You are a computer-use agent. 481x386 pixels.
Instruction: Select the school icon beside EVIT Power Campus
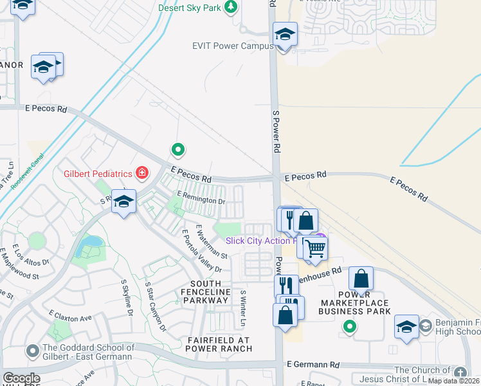click(285, 35)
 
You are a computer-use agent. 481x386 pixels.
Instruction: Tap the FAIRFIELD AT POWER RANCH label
click(218, 344)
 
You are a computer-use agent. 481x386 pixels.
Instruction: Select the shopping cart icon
click(315, 248)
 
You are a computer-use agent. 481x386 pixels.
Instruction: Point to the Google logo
click(21, 378)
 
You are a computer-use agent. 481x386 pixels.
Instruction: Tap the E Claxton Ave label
click(71, 317)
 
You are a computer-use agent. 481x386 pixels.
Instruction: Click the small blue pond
click(90, 243)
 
